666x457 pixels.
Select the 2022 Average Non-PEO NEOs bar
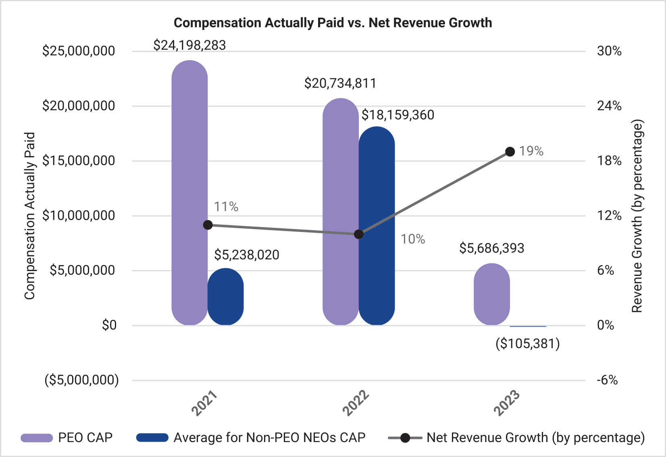click(377, 226)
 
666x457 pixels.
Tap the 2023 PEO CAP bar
click(491, 294)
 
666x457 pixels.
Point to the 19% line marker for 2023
click(510, 152)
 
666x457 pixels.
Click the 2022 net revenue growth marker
click(358, 234)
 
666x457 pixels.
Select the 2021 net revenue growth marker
click(208, 225)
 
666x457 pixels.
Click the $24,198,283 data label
click(189, 45)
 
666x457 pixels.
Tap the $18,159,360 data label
click(398, 115)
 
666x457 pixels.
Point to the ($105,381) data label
click(527, 344)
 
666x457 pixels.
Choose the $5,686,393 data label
click(491, 248)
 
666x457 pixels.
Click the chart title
click(333, 23)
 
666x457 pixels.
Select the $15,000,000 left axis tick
click(79, 161)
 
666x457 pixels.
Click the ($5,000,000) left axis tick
click(81, 380)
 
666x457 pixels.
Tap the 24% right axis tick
click(609, 106)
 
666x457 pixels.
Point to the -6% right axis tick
click(607, 380)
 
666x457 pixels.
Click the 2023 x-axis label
click(507, 403)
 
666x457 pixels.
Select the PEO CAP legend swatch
click(37, 438)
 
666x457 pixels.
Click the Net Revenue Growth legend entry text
click(535, 438)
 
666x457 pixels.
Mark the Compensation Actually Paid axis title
click(30, 216)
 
